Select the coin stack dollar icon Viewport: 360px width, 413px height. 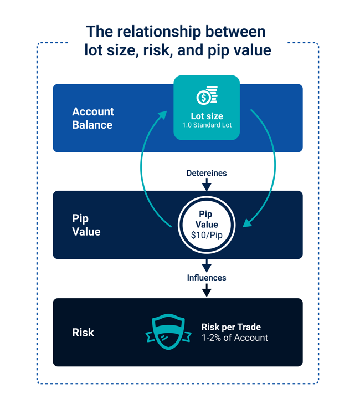point(207,96)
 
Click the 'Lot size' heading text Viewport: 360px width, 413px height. point(207,116)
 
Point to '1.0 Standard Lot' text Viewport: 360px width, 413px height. point(207,125)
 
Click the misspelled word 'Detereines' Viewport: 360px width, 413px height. point(207,174)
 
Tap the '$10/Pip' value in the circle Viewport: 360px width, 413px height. point(207,235)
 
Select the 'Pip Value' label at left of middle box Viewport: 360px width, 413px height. point(86,225)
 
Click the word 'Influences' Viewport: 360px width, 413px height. point(207,277)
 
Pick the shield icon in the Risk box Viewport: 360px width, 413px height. point(168,333)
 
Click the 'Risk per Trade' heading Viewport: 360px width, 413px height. point(231,327)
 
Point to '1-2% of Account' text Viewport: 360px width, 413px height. point(234,338)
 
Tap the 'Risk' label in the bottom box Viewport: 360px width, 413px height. point(83,333)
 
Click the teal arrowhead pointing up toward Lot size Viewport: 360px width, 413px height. point(162,115)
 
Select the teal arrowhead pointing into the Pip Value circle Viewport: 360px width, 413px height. point(247,223)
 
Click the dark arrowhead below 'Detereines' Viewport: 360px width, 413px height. point(207,187)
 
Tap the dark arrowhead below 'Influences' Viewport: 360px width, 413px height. point(207,292)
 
